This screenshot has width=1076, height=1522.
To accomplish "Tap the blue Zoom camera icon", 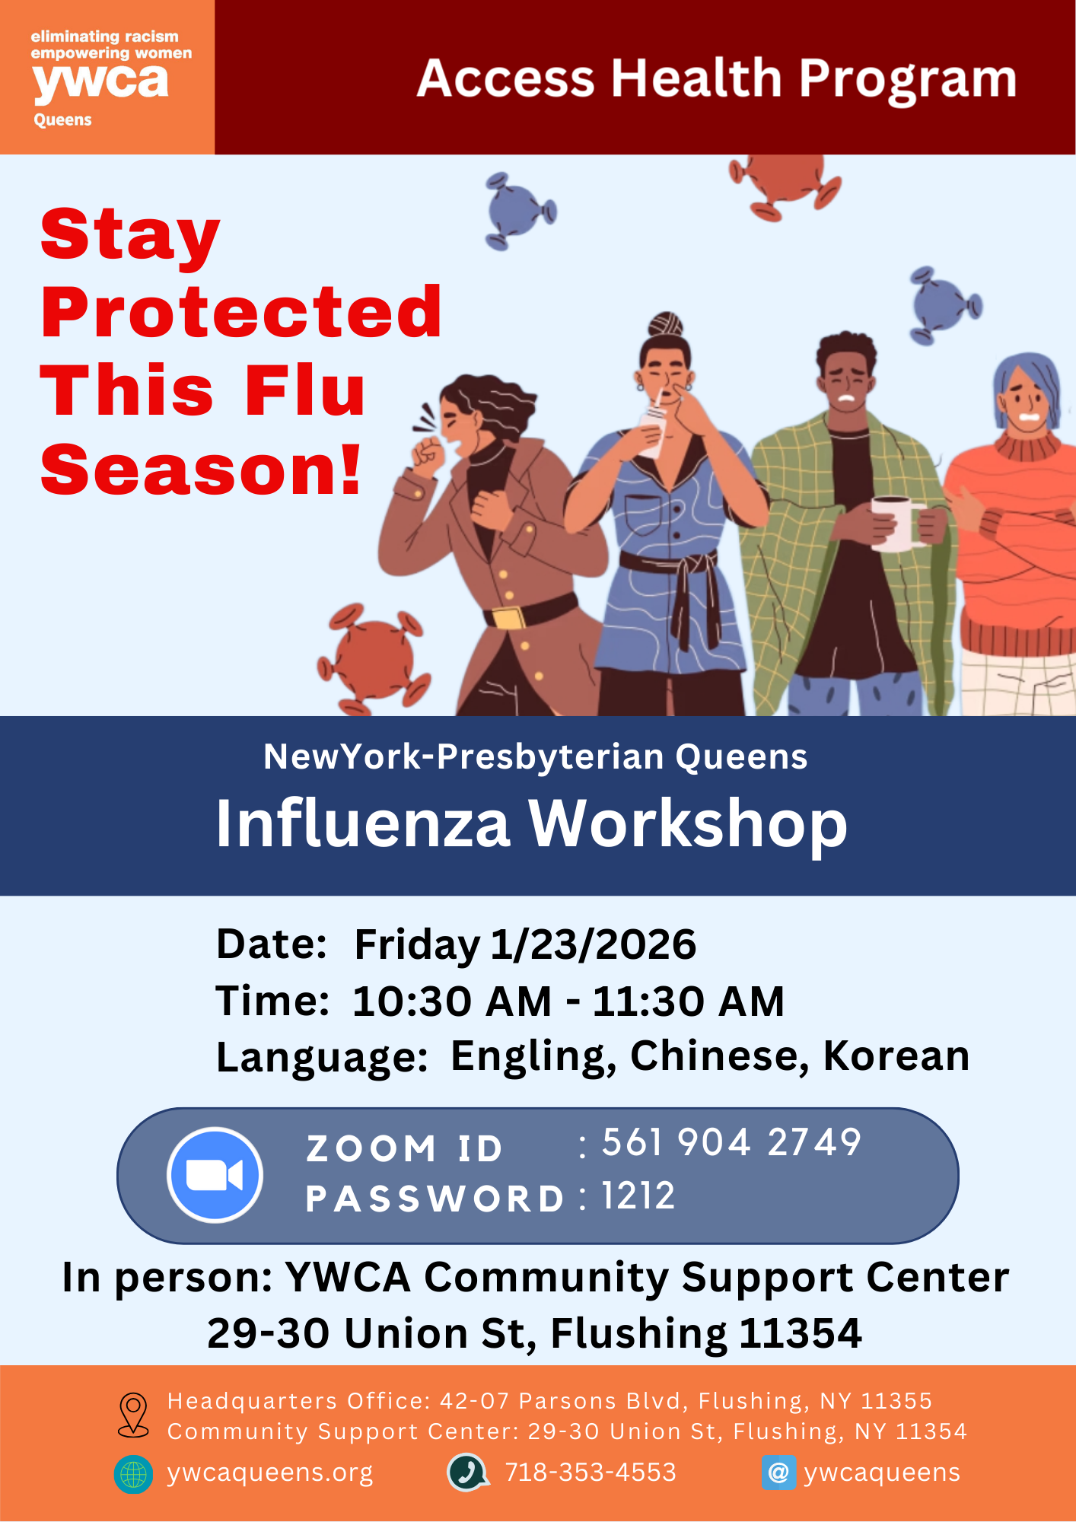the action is click(x=215, y=1175).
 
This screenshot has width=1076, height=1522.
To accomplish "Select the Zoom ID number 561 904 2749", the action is click(x=731, y=1142).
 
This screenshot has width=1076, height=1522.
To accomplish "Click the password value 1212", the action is click(x=638, y=1196).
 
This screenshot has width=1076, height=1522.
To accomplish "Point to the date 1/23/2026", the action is click(x=594, y=944).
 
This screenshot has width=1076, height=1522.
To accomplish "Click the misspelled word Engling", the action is click(x=533, y=1058).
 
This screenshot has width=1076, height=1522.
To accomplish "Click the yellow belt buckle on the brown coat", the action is click(x=509, y=617).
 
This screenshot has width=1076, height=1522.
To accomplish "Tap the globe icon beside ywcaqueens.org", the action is click(x=133, y=1474).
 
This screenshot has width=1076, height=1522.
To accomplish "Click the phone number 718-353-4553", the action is click(x=591, y=1473).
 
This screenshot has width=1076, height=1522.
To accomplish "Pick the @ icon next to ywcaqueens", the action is click(x=778, y=1473).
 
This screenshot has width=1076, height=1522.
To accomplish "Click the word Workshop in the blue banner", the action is click(x=688, y=825).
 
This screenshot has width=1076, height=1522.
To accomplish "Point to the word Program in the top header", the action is click(x=908, y=80).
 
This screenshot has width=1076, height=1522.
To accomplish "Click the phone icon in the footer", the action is click(x=468, y=1473).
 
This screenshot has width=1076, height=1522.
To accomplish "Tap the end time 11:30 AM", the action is click(x=689, y=1001).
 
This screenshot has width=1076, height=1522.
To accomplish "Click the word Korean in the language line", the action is click(x=896, y=1056).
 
